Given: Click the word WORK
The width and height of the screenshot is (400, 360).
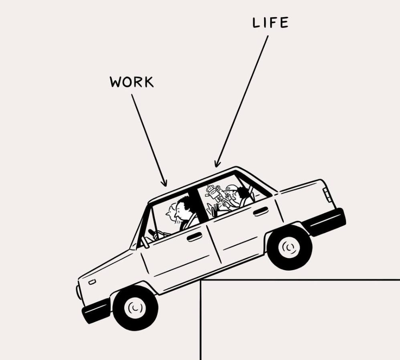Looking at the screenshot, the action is (x=131, y=82).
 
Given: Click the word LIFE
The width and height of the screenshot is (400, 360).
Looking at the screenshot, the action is (x=270, y=23).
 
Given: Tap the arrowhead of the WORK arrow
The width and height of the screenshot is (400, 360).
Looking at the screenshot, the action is (x=164, y=184).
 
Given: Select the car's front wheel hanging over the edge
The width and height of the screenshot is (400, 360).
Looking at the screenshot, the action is (x=135, y=308).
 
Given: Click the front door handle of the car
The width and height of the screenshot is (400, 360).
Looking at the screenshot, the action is (x=194, y=237).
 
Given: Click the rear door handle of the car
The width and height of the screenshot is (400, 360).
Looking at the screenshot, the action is (x=261, y=211).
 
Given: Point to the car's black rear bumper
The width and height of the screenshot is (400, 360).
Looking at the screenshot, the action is (x=325, y=222).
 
